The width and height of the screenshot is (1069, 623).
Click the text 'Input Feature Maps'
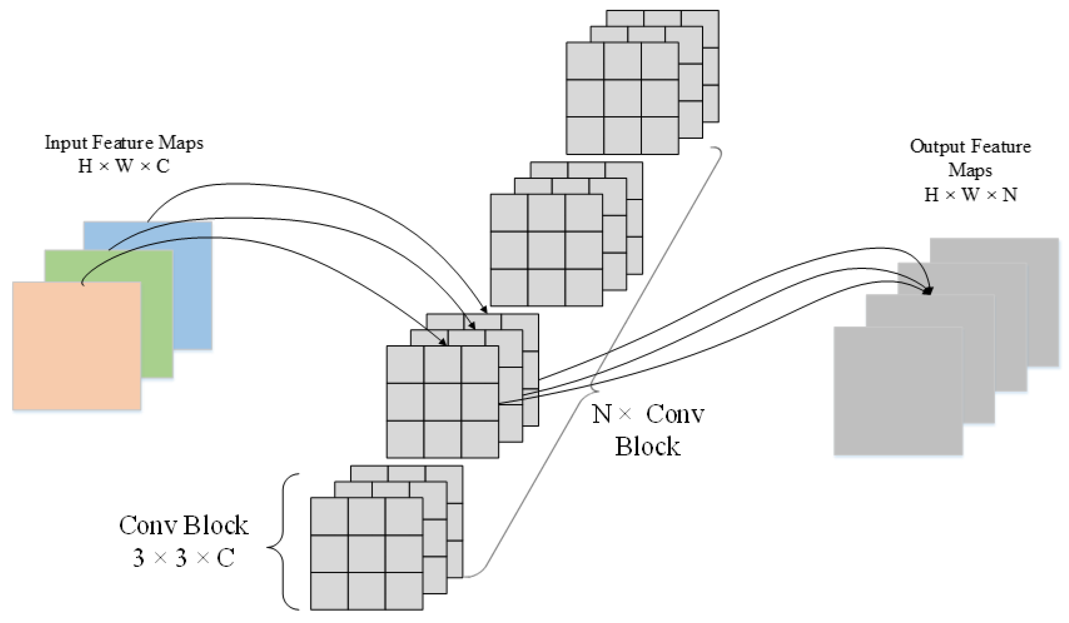coord(124,143)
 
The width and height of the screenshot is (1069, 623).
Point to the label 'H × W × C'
coord(124,166)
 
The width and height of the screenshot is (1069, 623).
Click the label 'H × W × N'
coord(970,195)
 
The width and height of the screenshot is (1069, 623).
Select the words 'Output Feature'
coord(970,146)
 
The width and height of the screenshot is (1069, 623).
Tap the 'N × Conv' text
coord(648,413)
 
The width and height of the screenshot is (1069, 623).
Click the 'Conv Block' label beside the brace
coord(183,525)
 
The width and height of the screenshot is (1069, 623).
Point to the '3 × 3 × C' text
coord(183,558)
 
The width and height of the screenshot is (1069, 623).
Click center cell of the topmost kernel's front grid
coord(622,98)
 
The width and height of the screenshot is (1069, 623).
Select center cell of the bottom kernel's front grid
coord(367,554)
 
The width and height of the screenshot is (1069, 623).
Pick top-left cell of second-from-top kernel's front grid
coord(509,213)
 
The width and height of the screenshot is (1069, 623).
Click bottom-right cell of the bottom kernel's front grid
coord(404,591)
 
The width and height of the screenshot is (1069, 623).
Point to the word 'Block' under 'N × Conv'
coord(648,447)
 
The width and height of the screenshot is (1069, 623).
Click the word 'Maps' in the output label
coord(970,170)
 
